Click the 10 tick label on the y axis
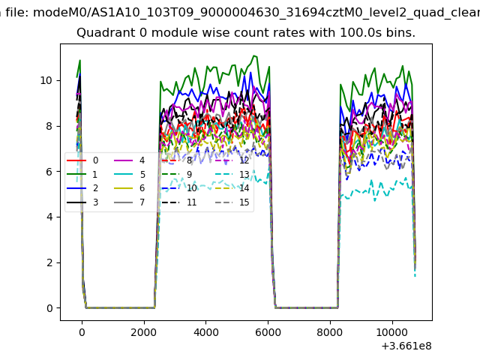[46, 80]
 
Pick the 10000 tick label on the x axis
[391, 331]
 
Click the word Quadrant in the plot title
[102, 34]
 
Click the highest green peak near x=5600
[254, 55]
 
